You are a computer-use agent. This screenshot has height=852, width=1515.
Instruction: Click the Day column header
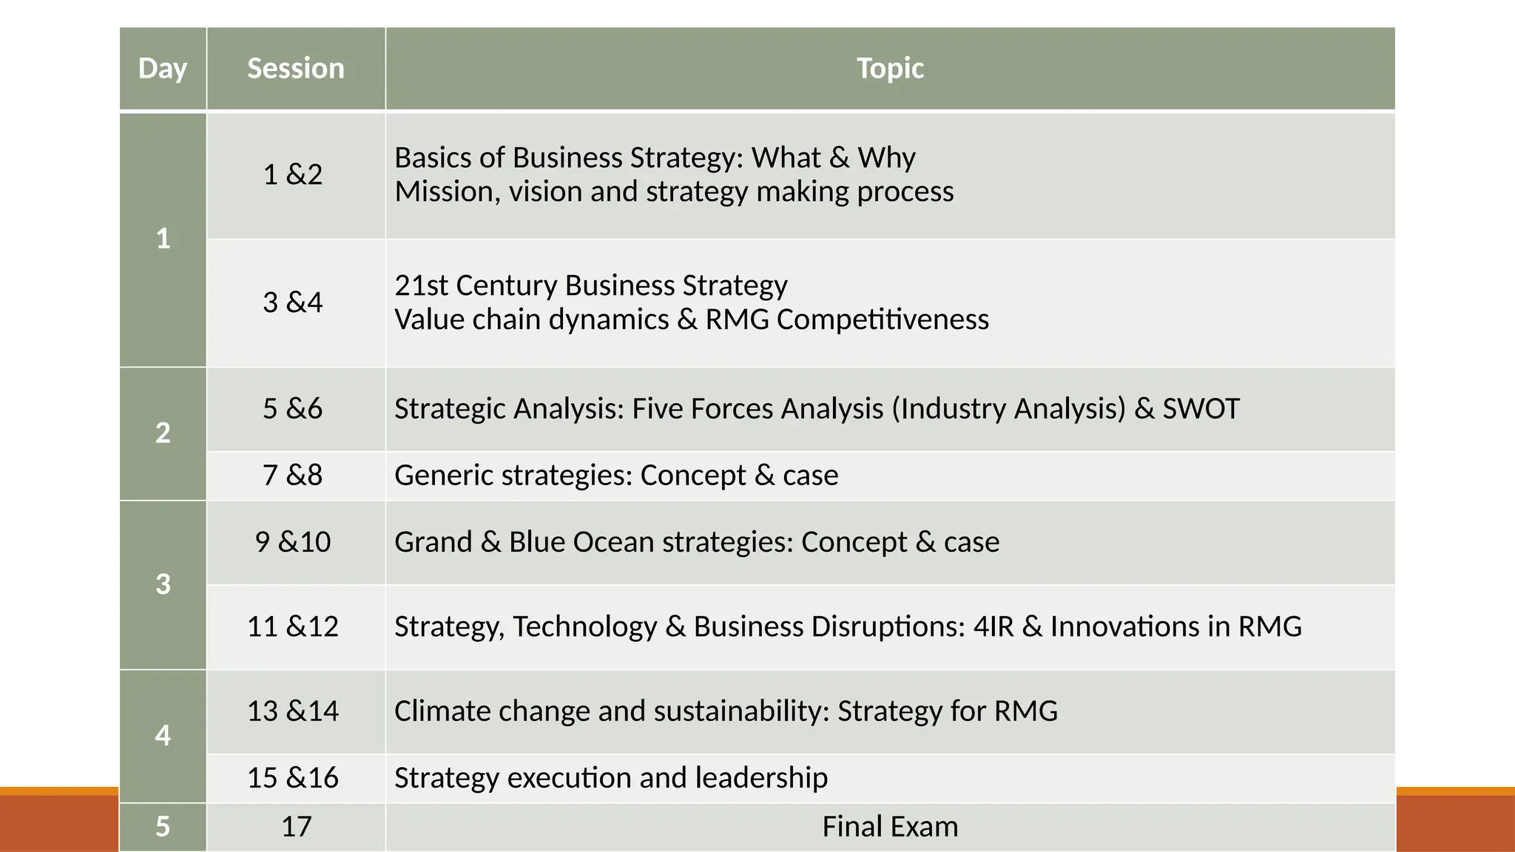(163, 69)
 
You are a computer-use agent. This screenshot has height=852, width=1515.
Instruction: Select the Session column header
(296, 69)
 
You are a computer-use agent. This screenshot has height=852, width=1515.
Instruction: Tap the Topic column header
(890, 69)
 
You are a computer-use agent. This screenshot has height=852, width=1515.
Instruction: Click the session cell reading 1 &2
(293, 175)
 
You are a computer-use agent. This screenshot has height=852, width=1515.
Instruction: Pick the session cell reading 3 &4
(293, 302)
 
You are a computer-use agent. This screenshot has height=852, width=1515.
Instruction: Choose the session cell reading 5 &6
(293, 409)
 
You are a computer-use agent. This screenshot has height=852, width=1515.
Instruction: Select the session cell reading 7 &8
(293, 476)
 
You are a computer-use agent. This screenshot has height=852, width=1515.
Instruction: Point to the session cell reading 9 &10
(293, 542)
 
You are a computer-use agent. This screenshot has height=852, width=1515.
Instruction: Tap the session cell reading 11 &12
(293, 627)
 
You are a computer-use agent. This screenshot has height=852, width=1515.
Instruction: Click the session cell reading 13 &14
(293, 711)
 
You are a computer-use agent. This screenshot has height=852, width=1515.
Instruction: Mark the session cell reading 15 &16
(293, 778)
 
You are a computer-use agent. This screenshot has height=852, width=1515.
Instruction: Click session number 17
(296, 827)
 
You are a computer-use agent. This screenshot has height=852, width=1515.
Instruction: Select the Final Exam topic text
(890, 827)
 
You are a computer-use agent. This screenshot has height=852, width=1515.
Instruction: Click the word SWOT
(1201, 409)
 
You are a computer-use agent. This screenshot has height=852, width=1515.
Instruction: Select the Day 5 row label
(163, 827)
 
